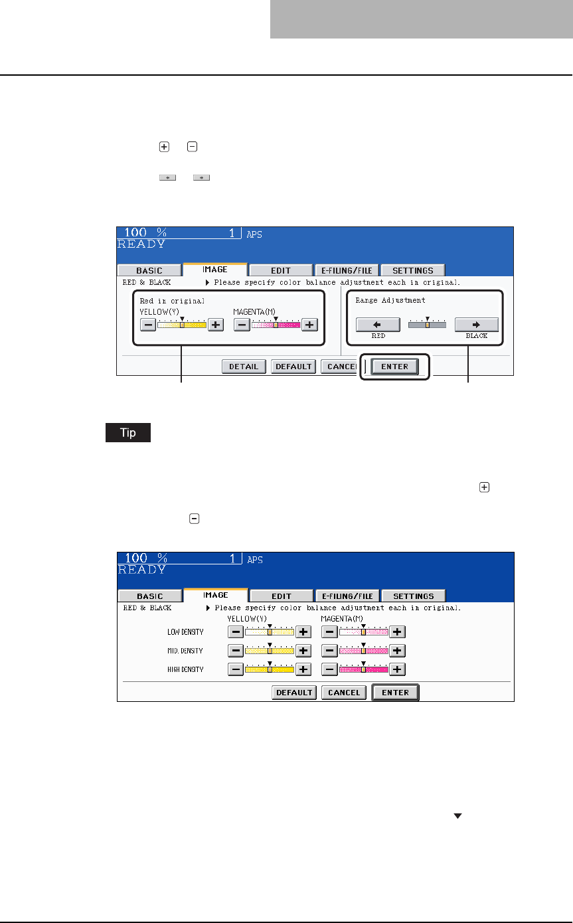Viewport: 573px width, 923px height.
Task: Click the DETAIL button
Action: coord(244,367)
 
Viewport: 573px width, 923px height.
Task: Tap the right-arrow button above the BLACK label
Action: coord(476,325)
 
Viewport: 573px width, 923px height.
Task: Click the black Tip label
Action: coord(127,433)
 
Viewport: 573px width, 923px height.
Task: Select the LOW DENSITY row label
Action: coord(185,632)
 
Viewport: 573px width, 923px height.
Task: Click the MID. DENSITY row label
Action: coord(185,651)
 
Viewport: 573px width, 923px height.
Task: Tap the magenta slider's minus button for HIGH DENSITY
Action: coord(330,669)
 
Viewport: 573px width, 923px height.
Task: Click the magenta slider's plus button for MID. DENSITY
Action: coord(397,651)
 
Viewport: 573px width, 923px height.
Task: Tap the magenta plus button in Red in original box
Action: coord(310,325)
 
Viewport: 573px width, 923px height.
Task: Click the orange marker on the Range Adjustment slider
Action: coord(428,325)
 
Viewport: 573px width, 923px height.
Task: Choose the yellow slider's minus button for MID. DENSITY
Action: coord(236,651)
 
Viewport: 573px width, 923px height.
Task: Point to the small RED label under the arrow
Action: coord(378,336)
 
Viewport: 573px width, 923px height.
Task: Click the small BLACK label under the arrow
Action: coord(476,336)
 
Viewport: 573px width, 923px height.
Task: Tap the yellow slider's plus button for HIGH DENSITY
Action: coord(303,669)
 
